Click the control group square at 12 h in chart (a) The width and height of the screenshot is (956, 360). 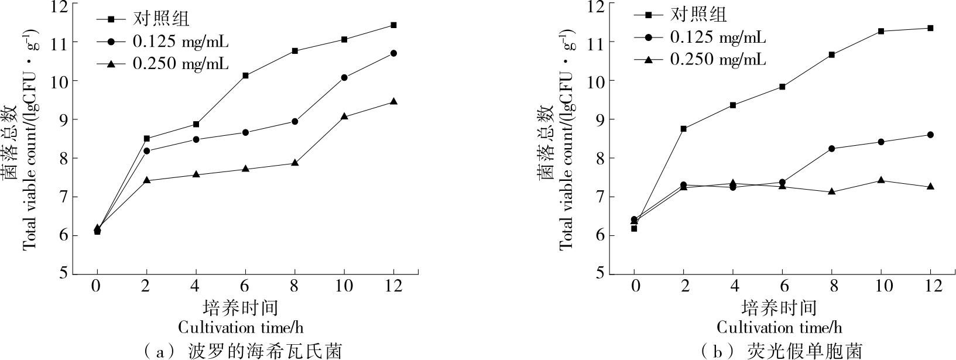pyautogui.click(x=393, y=25)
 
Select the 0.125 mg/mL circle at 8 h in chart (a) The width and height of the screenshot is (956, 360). pyautogui.click(x=294, y=122)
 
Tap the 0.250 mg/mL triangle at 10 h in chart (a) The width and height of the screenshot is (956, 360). pyautogui.click(x=344, y=116)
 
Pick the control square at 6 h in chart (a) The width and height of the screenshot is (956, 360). pyautogui.click(x=245, y=76)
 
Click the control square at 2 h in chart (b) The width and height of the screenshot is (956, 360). pyautogui.click(x=683, y=129)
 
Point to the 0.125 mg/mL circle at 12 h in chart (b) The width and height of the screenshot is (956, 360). pyautogui.click(x=930, y=135)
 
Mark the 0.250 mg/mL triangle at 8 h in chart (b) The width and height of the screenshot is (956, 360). pyautogui.click(x=831, y=191)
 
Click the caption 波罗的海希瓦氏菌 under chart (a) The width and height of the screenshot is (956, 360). pyautogui.click(x=265, y=351)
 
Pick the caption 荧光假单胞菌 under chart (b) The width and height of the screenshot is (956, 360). pyautogui.click(x=804, y=351)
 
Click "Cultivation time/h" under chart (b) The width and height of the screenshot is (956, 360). pyautogui.click(x=779, y=327)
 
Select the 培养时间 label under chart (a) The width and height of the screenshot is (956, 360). pyautogui.click(x=241, y=307)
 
